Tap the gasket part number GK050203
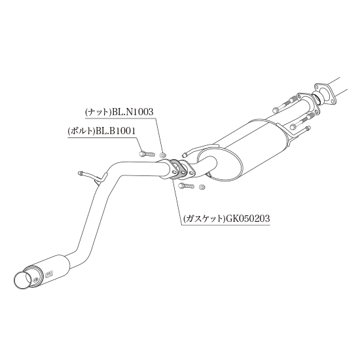[x=247, y=219]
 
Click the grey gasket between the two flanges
[x=176, y=168]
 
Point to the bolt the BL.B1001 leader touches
[x=147, y=154]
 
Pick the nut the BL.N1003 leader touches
[x=163, y=155]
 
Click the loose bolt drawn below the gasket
[x=186, y=185]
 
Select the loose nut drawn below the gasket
[x=202, y=187]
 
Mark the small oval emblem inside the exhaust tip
[x=35, y=280]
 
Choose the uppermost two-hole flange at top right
[x=325, y=94]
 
